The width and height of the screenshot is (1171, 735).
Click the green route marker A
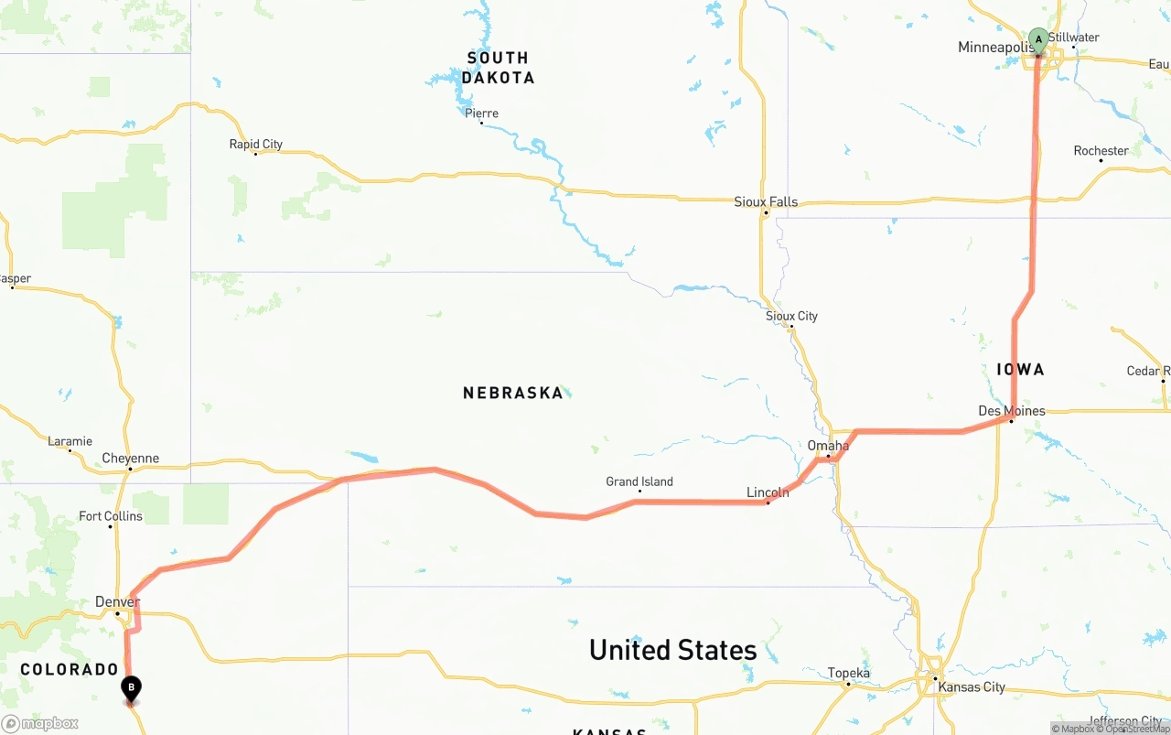(1037, 38)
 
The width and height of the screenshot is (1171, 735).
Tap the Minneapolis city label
(995, 48)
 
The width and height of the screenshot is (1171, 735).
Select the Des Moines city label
(1011, 411)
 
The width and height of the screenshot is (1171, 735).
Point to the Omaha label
(827, 446)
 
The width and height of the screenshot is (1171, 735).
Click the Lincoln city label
(768, 492)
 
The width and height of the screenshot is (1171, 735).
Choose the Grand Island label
(639, 481)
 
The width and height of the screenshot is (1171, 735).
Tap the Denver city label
(117, 601)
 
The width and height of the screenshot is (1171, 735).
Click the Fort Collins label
(110, 516)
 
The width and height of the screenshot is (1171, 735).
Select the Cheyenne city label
(130, 459)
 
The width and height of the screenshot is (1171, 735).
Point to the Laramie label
(70, 441)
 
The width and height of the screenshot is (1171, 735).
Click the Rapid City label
(255, 144)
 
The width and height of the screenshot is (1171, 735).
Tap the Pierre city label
(481, 113)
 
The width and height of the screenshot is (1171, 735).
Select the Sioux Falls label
(766, 201)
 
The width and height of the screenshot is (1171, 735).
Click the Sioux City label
(791, 316)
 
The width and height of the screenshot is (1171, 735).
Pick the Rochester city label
(1101, 151)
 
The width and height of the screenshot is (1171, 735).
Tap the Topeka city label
(848, 673)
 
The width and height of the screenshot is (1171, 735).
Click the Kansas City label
(972, 687)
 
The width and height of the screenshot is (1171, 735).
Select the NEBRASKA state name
(512, 393)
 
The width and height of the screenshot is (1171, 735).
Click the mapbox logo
(40, 723)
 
